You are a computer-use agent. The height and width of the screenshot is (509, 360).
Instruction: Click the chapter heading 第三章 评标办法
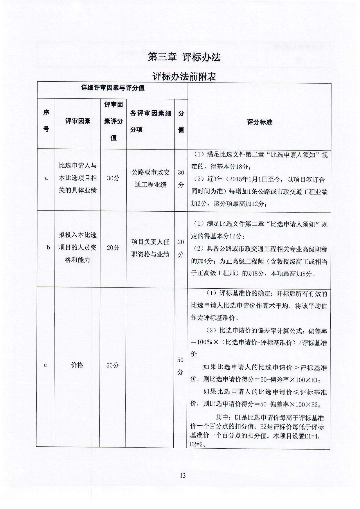point(184,57)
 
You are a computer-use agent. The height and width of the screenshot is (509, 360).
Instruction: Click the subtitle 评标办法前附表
point(184,77)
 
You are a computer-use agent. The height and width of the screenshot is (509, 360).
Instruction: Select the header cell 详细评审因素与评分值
point(113,88)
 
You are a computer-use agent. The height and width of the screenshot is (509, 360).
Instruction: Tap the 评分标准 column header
point(259,122)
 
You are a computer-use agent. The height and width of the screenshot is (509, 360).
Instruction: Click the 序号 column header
point(46,121)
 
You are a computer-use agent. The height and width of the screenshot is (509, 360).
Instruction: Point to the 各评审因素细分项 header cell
point(150,121)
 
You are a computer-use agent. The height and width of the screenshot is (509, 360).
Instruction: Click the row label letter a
point(46,178)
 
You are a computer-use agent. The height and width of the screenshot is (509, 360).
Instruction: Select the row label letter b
point(48,247)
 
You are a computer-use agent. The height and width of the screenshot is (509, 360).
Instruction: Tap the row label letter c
point(45,365)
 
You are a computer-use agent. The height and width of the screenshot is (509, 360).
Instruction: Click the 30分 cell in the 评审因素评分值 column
point(113,178)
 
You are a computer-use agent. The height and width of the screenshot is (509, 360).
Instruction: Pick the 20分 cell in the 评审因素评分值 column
point(113,248)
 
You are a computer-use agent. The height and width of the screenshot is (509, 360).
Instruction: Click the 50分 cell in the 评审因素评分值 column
point(113,365)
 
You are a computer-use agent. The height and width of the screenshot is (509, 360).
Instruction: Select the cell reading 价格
point(77,365)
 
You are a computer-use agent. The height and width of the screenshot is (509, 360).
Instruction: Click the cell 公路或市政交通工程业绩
point(150,178)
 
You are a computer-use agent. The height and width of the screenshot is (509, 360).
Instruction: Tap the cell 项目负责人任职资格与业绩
point(150,248)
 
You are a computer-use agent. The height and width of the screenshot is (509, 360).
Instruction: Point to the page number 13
point(183,475)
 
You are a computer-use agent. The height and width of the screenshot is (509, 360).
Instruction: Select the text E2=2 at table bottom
point(197,444)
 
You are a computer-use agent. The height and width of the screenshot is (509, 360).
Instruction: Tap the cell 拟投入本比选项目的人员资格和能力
point(77,247)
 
